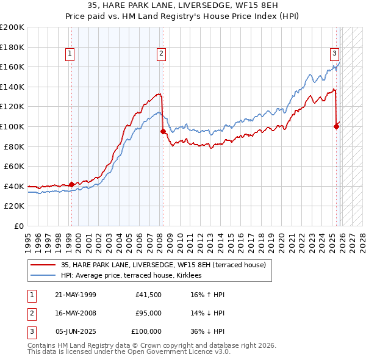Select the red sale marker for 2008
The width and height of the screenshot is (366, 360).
click(x=163, y=131)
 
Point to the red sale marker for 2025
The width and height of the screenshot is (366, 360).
click(x=336, y=126)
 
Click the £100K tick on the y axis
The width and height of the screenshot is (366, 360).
click(x=13, y=126)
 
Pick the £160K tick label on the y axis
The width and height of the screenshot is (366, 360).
click(x=13, y=67)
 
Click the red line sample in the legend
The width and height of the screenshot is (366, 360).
click(x=43, y=265)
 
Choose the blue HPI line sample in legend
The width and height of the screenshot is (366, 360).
click(x=43, y=276)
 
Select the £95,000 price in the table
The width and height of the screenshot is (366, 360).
click(x=148, y=314)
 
